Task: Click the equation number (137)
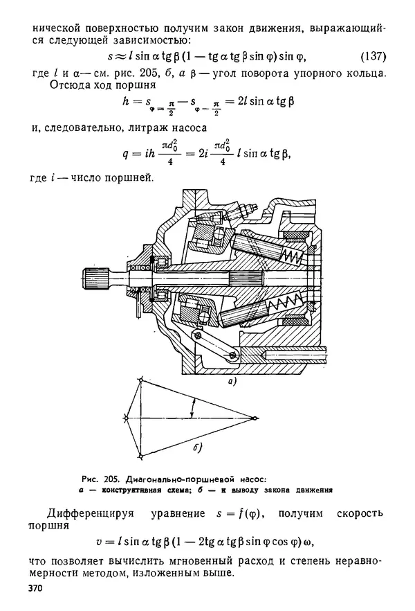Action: point(373,57)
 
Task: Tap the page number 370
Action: point(35,588)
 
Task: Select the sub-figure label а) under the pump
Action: point(232,382)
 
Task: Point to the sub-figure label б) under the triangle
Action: point(198,448)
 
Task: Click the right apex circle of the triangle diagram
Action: point(255,418)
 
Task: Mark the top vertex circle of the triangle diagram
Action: point(140,380)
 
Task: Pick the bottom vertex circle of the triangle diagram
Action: point(140,456)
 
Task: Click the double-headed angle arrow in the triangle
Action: point(192,409)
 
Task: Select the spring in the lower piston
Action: point(286,303)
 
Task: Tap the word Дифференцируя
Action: point(90,513)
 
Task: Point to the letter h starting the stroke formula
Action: point(125,101)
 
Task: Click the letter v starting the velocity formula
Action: point(99,542)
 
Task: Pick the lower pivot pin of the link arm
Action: point(233,354)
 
